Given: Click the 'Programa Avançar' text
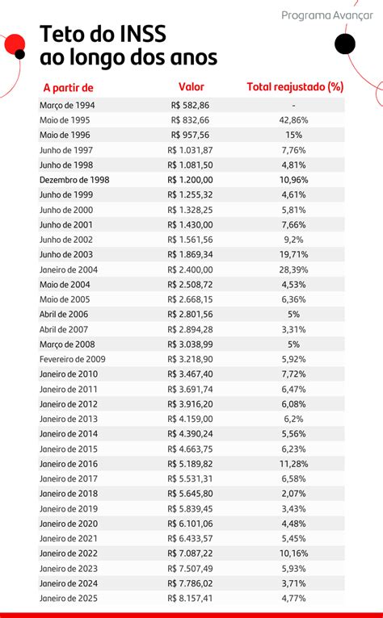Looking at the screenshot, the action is pos(327,16).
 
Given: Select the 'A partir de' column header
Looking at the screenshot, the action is pos(69,87).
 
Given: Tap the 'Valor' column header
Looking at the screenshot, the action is pos(191,86).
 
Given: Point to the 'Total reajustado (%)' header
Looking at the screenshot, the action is pos(295,87).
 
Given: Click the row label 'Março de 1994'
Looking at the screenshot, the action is pos(67,105).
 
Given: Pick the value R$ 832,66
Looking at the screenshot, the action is pos(191,120).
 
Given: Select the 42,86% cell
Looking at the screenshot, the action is pos(293,120).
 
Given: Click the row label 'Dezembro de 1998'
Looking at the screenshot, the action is pos(74,180).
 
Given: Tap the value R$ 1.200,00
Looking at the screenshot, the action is pos(191,180).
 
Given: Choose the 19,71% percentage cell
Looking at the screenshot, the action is pos(293,255).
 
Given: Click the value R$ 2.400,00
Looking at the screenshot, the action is pos(191,269).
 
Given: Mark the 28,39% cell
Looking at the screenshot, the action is pos(293,269).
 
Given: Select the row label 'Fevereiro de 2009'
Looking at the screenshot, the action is pos(72,359).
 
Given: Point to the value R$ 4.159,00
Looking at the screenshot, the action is pos(191,419).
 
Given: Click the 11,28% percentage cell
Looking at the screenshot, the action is pos(293,464).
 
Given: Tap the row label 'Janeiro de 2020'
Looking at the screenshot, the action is pos(69,524).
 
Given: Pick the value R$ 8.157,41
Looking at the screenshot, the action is pos(191,599).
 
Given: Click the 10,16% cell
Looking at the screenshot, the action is pos(293,553).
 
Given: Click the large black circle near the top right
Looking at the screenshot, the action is pos(345,44).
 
